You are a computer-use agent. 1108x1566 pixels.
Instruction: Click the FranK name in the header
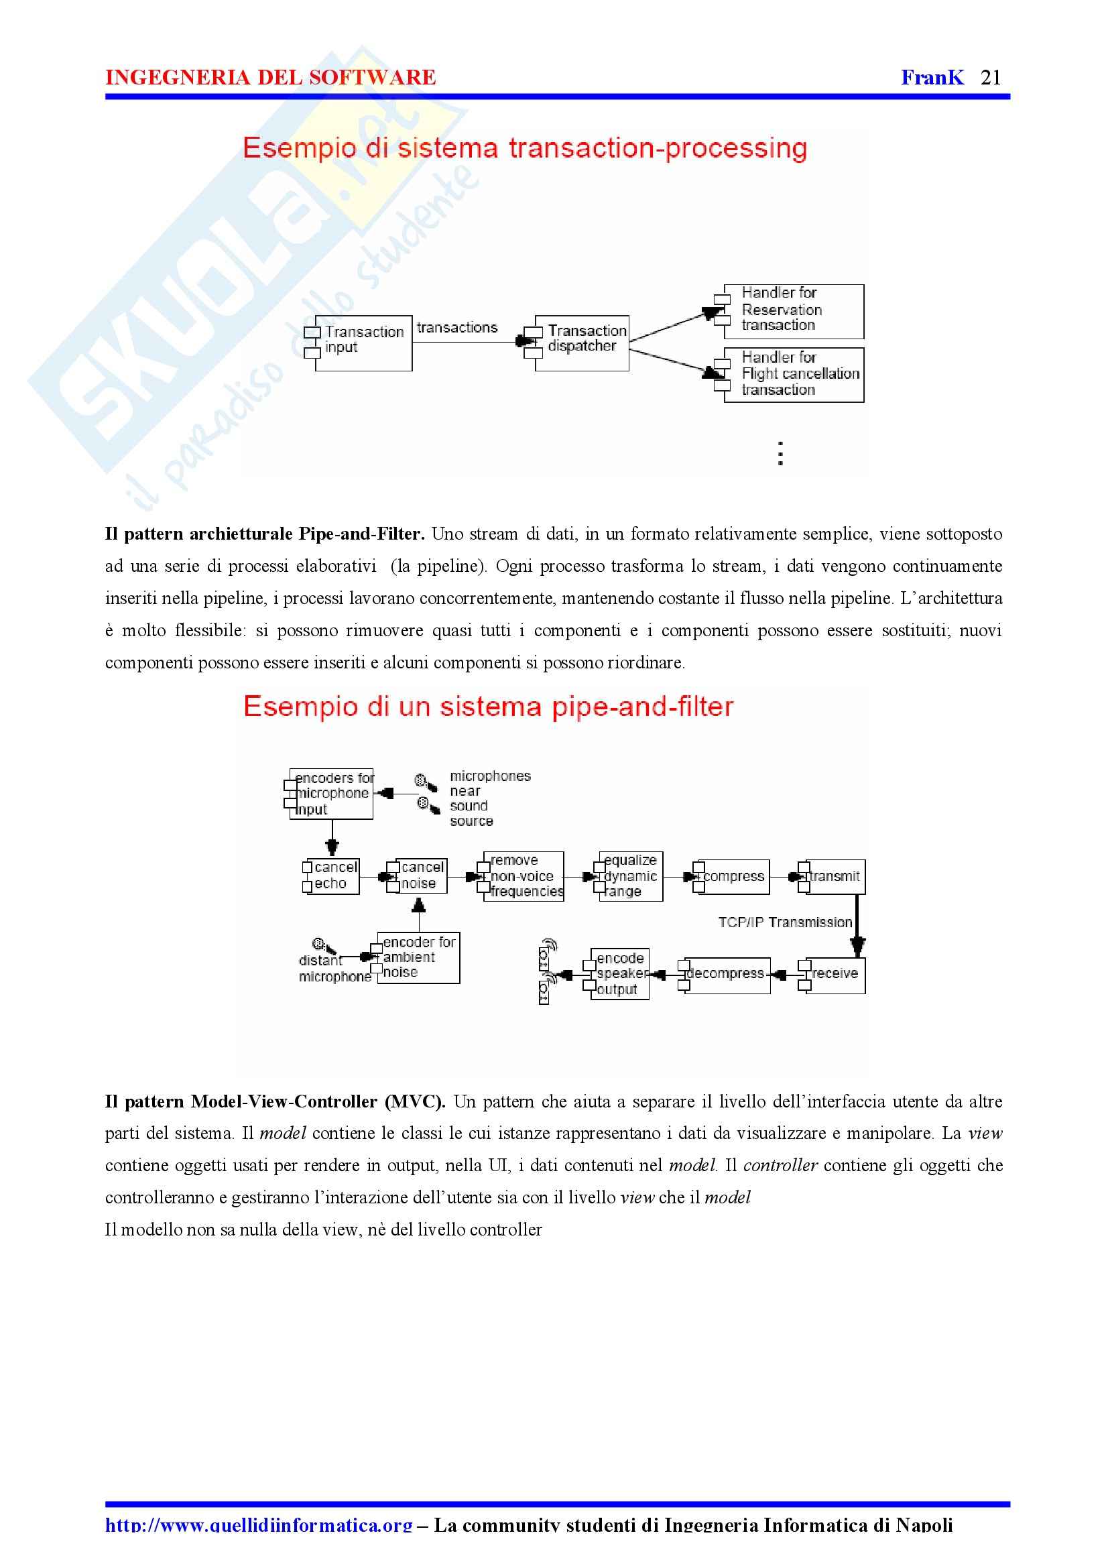point(932,78)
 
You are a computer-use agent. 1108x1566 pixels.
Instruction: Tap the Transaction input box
point(363,343)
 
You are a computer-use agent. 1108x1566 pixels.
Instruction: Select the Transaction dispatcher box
point(582,343)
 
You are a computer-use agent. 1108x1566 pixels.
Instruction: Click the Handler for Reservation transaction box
point(794,311)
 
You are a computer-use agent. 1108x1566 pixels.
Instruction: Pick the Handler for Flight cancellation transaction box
point(794,375)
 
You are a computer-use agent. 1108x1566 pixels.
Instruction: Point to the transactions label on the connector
point(457,328)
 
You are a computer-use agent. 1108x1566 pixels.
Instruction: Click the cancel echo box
point(333,876)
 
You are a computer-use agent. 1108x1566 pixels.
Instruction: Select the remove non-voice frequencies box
point(524,876)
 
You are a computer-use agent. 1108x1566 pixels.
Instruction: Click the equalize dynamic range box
point(631,876)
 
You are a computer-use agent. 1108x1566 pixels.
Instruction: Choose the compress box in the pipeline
point(733,877)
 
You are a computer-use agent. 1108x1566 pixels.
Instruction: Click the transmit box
point(835,877)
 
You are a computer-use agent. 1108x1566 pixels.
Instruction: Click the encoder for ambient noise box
point(418,957)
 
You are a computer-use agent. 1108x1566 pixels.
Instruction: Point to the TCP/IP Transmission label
point(785,922)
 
